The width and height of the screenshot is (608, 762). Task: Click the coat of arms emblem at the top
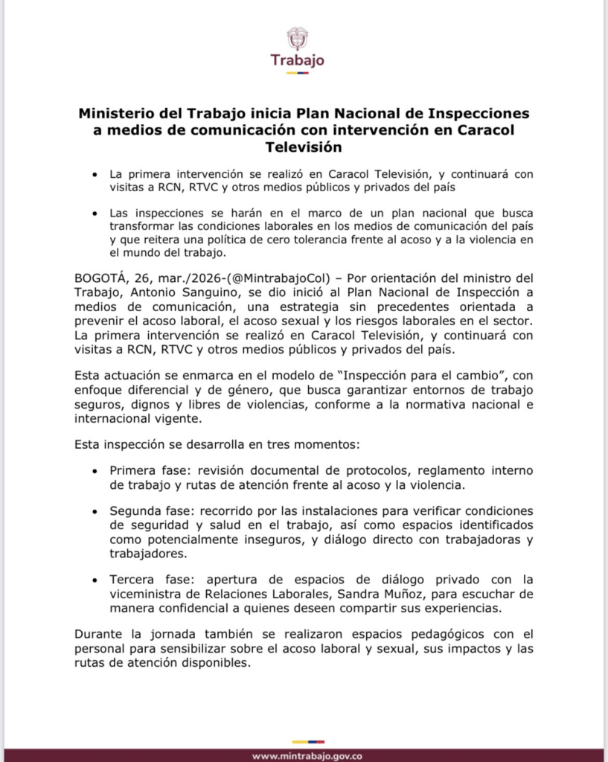(x=297, y=39)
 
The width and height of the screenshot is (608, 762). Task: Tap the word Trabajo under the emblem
(x=297, y=60)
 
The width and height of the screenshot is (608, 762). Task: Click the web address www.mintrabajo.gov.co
(x=307, y=756)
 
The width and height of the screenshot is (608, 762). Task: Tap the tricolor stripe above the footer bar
(x=307, y=741)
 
